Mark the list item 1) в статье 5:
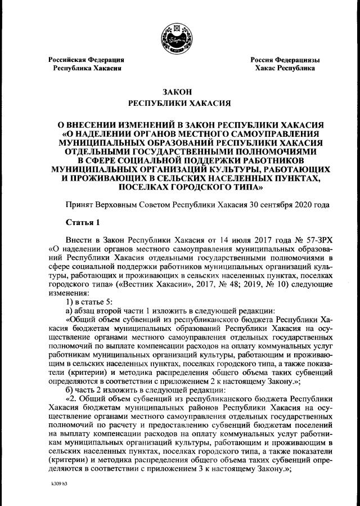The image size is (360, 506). pyautogui.click(x=93, y=302)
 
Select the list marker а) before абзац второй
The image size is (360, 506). pyautogui.click(x=69, y=311)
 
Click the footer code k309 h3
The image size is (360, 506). pyautogui.click(x=56, y=484)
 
